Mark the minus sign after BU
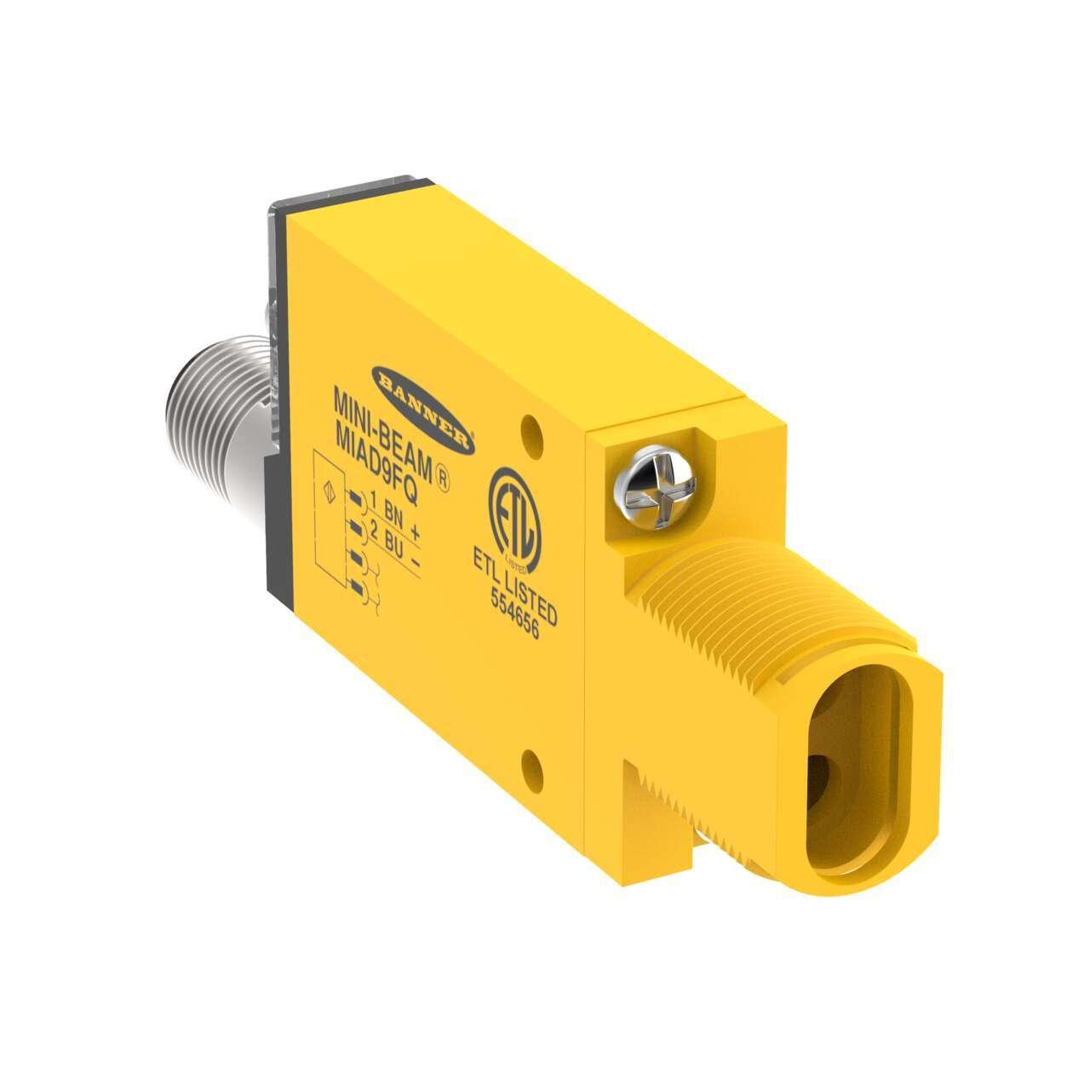415,561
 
